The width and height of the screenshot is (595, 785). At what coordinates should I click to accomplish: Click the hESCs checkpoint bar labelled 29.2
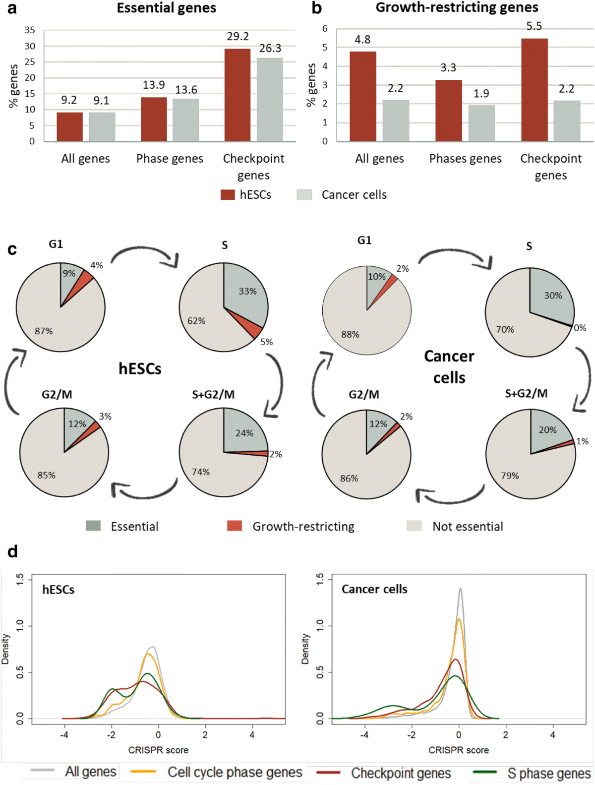pos(237,95)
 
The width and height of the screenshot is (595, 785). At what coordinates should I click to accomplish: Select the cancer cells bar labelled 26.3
pos(270,100)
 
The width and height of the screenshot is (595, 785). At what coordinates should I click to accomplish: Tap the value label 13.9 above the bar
pos(154,85)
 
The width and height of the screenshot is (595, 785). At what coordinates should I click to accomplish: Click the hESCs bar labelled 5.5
pos(534,90)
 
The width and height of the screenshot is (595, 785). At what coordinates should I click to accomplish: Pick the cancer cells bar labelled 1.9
pos(481,123)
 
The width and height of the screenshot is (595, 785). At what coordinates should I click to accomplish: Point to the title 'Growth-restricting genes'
pos(457,7)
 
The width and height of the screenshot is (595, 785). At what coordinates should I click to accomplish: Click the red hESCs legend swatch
pos(228,194)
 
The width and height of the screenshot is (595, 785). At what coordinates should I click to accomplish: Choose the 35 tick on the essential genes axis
pos(30,30)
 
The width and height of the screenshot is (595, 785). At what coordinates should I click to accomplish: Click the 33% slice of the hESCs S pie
pos(244,293)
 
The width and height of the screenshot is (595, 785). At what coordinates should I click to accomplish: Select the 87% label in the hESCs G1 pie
pos(44,331)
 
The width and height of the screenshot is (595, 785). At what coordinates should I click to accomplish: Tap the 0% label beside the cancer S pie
pos(580,328)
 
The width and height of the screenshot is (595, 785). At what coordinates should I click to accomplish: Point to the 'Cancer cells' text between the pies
pos(449,367)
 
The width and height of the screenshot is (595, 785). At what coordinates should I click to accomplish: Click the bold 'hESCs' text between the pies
pos(140,369)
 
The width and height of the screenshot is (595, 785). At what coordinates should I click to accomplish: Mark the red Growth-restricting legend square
pos(234,526)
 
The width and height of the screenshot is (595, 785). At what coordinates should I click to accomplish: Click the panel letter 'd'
pos(12,551)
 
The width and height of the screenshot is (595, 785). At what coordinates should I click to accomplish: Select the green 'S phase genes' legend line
pos(485,772)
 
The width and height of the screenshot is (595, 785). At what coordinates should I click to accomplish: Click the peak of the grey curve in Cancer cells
pos(461,589)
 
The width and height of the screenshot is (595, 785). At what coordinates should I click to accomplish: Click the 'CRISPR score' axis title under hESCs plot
pos(158,750)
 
